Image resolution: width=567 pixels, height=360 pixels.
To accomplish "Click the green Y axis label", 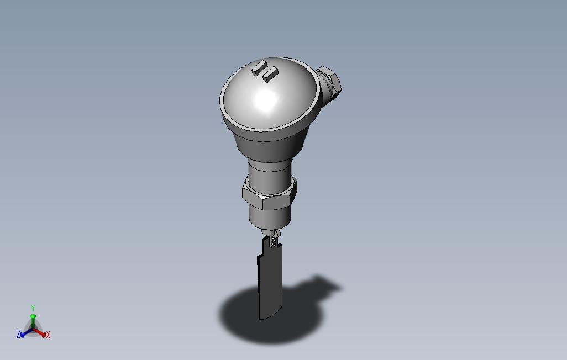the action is (33, 308).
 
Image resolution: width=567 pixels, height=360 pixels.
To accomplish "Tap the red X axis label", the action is (48, 335).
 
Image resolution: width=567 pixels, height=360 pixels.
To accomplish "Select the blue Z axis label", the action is (18, 335).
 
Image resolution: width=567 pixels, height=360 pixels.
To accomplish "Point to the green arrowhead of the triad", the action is (33, 316).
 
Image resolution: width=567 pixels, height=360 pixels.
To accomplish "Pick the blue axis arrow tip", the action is (23, 335).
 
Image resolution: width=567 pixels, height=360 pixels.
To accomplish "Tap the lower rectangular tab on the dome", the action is (270, 74).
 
